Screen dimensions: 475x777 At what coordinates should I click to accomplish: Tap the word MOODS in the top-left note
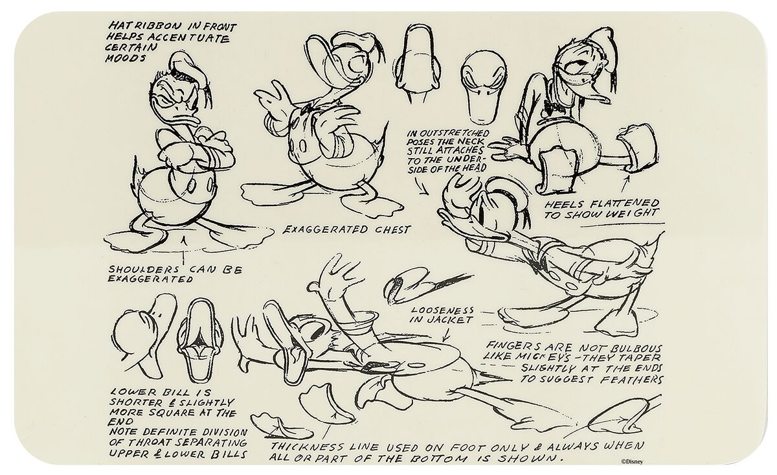(122, 58)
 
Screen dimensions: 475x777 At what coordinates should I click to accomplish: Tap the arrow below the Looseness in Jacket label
(445, 336)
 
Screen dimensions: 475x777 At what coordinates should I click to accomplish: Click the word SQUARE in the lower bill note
(168, 411)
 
